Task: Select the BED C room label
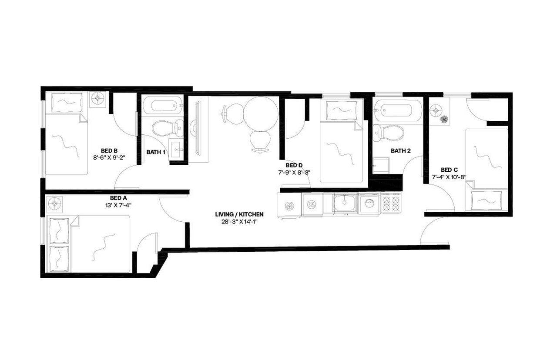449,170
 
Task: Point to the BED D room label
294,165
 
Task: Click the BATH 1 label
155,152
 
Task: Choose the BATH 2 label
400,151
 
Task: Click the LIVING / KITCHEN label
239,214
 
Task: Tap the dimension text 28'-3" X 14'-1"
239,222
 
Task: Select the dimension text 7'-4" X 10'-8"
449,177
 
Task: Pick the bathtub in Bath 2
398,110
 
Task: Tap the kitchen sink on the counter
345,202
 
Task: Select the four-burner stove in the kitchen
391,203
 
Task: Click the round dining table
261,113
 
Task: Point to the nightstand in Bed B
98,99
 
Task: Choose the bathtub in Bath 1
161,105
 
